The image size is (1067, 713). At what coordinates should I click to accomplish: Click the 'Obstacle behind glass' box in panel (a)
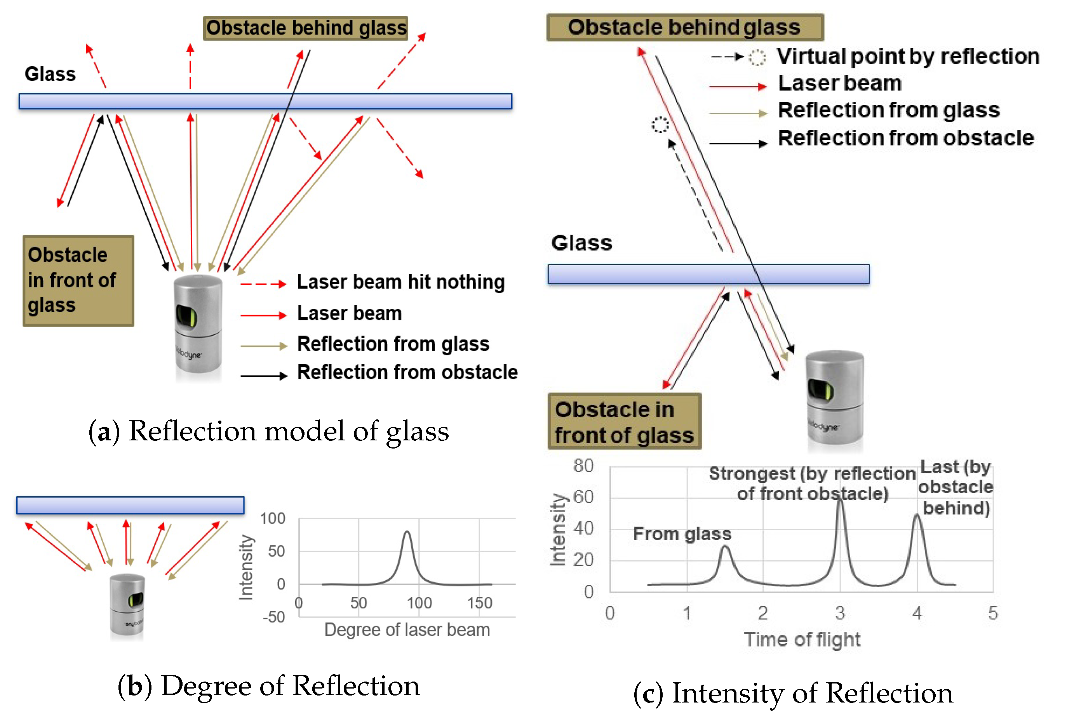[305, 28]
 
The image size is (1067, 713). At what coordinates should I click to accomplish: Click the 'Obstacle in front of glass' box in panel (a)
[78, 280]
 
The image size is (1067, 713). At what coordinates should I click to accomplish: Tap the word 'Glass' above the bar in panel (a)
[50, 74]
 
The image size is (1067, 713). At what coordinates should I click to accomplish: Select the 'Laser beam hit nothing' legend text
[400, 282]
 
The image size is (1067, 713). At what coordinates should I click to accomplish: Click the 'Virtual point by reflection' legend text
[907, 56]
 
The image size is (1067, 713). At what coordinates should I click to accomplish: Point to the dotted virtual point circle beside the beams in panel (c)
[660, 124]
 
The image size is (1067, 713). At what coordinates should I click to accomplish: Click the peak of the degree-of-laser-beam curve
[407, 532]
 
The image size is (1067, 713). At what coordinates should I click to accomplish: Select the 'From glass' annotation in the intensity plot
[682, 533]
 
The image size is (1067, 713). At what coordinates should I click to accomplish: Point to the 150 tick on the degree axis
[479, 603]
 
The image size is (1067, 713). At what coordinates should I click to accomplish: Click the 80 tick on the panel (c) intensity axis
[583, 466]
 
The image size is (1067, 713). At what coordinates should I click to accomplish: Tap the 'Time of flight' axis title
[802, 639]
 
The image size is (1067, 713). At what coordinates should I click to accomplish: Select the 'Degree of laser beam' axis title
[407, 630]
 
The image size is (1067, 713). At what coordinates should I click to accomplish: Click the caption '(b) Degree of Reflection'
[268, 686]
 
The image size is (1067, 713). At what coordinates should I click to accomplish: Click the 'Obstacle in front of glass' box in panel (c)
[624, 421]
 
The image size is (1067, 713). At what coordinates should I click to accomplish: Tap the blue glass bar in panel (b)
[130, 505]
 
